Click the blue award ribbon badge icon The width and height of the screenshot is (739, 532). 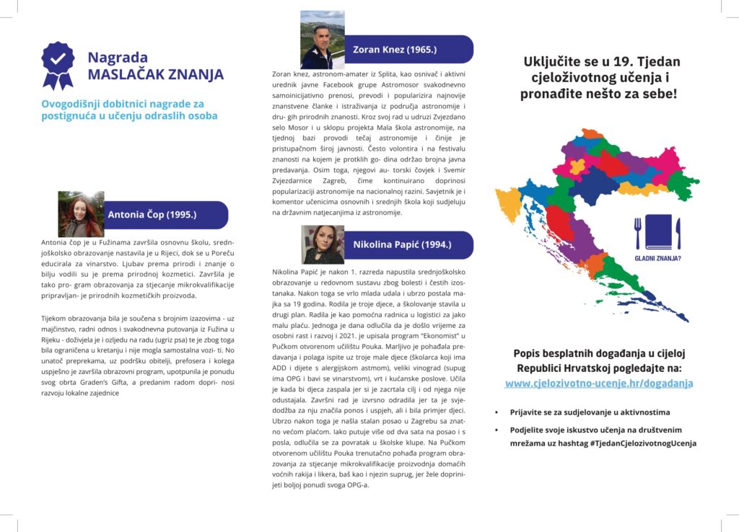58,64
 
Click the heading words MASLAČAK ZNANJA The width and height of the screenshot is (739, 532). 155,75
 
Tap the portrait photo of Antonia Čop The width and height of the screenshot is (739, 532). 81,214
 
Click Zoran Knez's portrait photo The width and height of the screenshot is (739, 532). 322,40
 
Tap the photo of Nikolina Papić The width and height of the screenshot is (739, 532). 323,244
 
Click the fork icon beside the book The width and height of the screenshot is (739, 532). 637,232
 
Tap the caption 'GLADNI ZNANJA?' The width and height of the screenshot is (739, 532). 657,257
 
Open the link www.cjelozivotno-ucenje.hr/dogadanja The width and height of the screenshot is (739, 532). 599,384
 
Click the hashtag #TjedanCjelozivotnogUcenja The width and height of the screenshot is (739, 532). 642,443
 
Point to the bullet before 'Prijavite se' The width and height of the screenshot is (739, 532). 496,413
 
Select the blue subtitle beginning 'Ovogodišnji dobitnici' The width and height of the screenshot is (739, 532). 129,110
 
